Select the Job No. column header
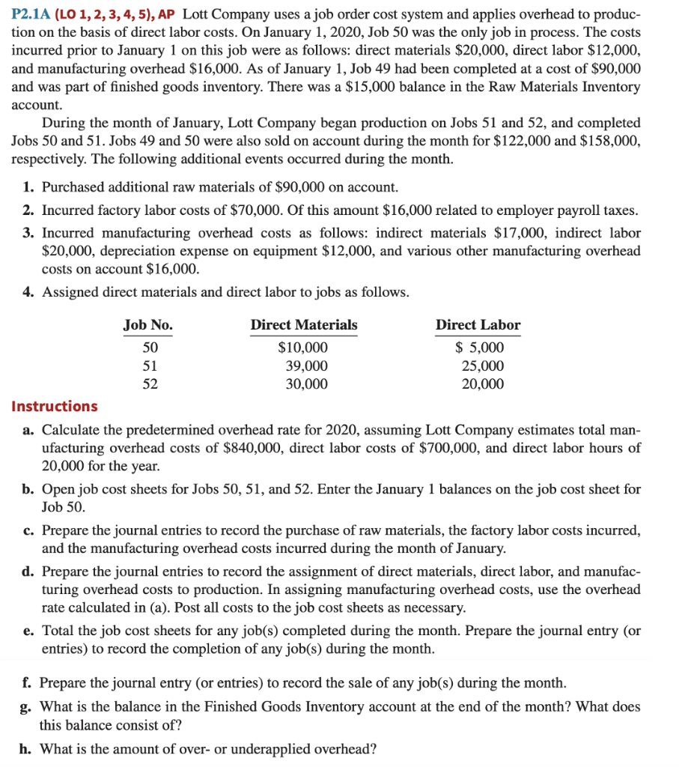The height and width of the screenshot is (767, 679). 147,325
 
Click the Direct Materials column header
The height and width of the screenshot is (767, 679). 303,325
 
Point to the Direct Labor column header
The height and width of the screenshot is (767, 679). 478,325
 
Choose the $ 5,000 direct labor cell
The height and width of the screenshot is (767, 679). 480,348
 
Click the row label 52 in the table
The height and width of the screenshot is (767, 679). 150,384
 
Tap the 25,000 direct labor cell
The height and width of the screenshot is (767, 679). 483,366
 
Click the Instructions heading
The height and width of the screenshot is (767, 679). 55,407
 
